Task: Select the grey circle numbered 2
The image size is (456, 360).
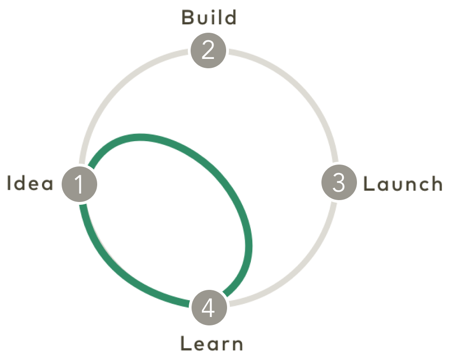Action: click(x=207, y=50)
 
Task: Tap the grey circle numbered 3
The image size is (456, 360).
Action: click(x=339, y=183)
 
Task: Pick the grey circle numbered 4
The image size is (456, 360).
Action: click(x=208, y=309)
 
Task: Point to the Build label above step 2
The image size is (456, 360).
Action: click(x=209, y=18)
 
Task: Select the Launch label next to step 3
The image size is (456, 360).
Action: click(x=401, y=184)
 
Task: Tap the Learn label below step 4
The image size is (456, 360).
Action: click(x=211, y=346)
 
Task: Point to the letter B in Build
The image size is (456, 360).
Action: click(x=187, y=18)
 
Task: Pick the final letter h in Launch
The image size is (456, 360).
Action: click(x=434, y=184)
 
